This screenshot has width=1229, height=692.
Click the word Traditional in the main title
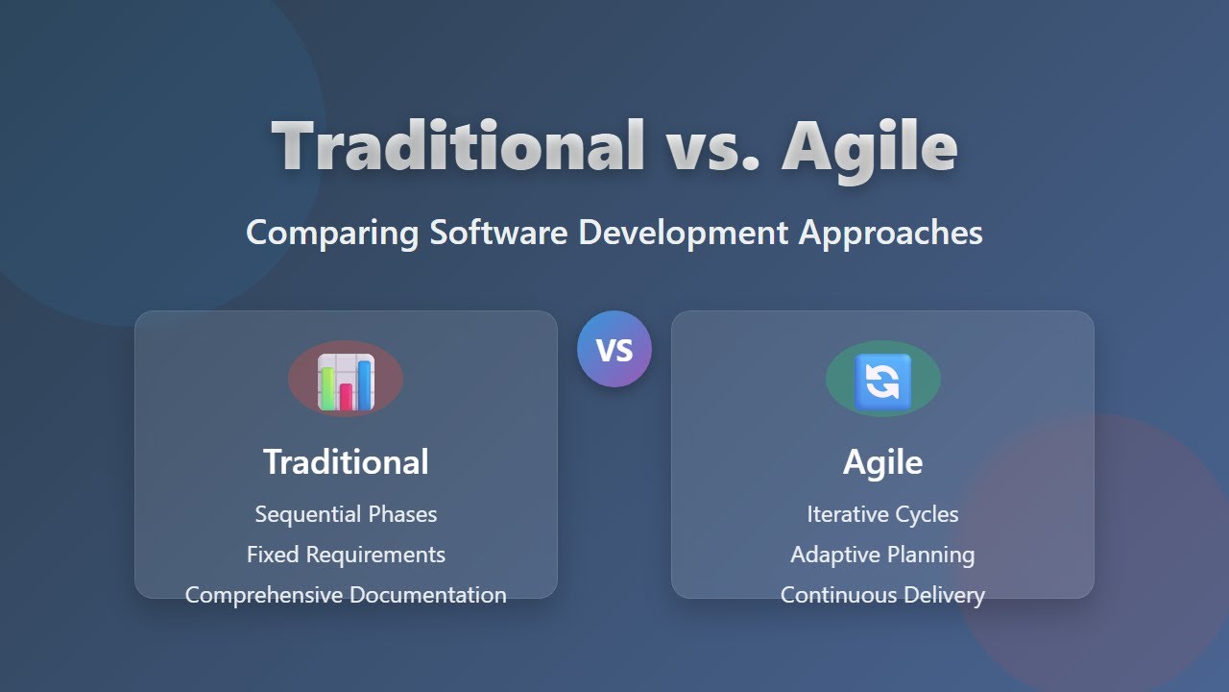(458, 146)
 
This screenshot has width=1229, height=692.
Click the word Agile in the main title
(869, 146)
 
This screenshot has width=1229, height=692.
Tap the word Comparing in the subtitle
(331, 233)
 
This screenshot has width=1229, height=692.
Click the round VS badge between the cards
(614, 350)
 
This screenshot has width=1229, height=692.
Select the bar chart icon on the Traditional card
(346, 380)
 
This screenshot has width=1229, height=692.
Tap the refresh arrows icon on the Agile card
(882, 380)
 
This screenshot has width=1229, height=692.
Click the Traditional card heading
(346, 462)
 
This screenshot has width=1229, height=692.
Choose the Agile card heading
(882, 462)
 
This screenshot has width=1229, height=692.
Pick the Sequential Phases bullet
(346, 514)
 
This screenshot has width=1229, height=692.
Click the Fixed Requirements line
(346, 555)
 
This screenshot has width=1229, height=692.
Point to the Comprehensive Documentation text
(346, 595)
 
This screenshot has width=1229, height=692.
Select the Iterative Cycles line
(882, 514)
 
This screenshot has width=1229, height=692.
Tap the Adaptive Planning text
(882, 555)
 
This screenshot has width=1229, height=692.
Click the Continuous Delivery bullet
(882, 595)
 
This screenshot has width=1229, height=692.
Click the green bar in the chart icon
(327, 387)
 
